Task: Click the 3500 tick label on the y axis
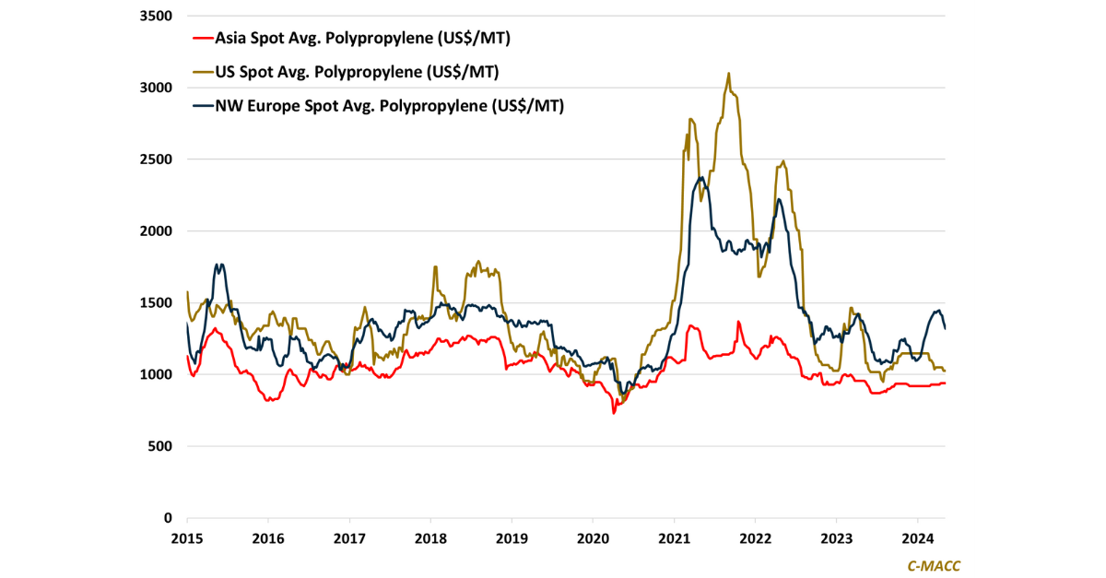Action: (x=156, y=16)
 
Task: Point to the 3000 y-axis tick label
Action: (x=156, y=88)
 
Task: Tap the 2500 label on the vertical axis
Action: (x=156, y=159)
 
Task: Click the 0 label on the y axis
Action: (x=169, y=518)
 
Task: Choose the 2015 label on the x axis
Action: (x=187, y=538)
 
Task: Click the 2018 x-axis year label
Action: (x=430, y=538)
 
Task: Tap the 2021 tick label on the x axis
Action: (x=675, y=538)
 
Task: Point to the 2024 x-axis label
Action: (x=918, y=538)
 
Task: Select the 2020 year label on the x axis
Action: (x=594, y=538)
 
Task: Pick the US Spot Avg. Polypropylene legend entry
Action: (x=358, y=72)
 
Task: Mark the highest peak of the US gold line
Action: (x=729, y=74)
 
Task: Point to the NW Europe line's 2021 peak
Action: (x=702, y=178)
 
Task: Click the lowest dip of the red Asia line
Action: (x=614, y=412)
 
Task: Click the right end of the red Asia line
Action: (x=945, y=383)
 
